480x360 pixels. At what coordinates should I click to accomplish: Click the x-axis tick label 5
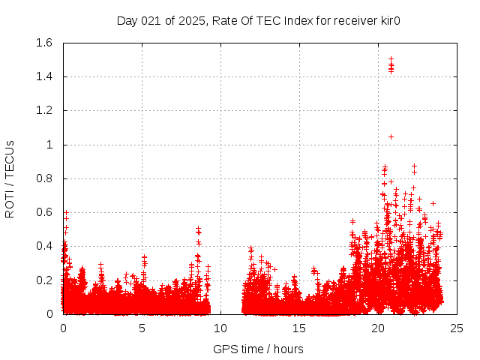(142, 328)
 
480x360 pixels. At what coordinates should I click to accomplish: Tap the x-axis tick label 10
(220, 328)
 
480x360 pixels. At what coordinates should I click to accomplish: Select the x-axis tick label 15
(299, 328)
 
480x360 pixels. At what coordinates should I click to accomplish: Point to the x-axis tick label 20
(378, 328)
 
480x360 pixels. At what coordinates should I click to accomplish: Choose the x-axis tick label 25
(457, 328)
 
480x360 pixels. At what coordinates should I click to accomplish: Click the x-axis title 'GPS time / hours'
(258, 349)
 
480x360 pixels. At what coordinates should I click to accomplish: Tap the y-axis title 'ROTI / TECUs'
(10, 178)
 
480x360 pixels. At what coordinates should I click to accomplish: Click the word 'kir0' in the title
(388, 20)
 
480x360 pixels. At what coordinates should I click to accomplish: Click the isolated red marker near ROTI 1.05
(391, 136)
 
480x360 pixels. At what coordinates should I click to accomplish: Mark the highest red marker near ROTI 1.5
(391, 58)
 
